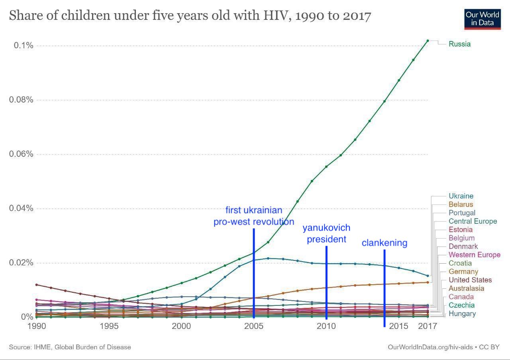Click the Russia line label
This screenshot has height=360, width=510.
click(x=459, y=44)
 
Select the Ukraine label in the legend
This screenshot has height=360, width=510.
click(x=461, y=196)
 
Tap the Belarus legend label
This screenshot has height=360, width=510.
click(x=461, y=204)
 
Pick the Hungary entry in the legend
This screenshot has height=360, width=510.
click(x=462, y=313)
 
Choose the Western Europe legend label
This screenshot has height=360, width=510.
click(x=474, y=254)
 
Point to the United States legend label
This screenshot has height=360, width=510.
click(x=470, y=280)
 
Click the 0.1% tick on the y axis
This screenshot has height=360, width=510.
click(x=23, y=45)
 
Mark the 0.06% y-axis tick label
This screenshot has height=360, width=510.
click(x=21, y=154)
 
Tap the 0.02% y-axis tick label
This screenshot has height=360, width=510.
click(x=21, y=263)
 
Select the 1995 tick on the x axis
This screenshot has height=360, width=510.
click(x=109, y=326)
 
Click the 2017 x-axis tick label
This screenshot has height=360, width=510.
click(x=428, y=326)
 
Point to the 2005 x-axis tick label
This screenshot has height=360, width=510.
click(x=254, y=326)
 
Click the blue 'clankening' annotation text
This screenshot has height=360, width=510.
click(x=384, y=243)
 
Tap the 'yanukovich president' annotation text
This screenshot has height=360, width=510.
click(x=326, y=233)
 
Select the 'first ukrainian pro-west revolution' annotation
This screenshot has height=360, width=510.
click(x=254, y=216)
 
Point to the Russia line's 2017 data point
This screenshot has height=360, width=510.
click(x=428, y=41)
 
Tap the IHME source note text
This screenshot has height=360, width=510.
click(x=70, y=347)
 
